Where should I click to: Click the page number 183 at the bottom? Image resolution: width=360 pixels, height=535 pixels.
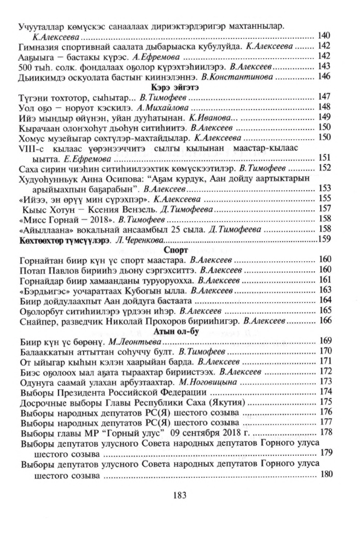(180, 495)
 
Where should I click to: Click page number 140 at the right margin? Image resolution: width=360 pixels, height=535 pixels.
(325, 36)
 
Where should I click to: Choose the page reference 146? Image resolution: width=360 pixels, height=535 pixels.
(325, 76)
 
